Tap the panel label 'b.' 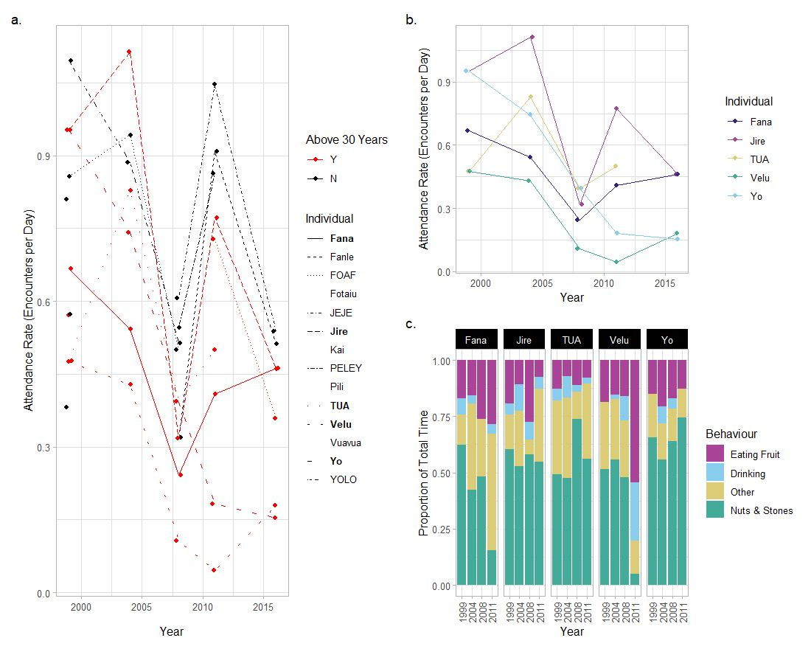tap(411, 20)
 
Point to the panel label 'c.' tap(411, 324)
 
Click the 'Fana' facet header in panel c tap(476, 340)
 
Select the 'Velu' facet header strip tap(619, 340)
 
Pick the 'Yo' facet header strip tap(667, 340)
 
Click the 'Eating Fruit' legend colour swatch tap(715, 454)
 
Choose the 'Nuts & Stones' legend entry tap(761, 510)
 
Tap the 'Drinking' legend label tap(748, 473)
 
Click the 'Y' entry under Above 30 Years tap(333, 159)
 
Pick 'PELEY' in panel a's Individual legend tap(346, 368)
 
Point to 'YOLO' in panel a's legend tap(344, 479)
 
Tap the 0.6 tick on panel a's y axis tap(43, 302)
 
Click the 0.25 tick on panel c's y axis tap(439, 530)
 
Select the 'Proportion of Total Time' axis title tap(425, 473)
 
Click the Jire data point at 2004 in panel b tap(532, 37)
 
